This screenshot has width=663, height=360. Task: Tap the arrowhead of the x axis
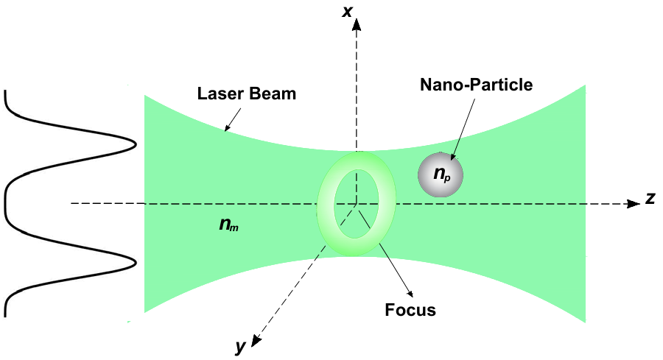pos(357,24)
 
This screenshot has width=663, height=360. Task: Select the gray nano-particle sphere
pos(441,175)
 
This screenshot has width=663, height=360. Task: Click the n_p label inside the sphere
pos(441,175)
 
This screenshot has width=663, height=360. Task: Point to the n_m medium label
pos(228,224)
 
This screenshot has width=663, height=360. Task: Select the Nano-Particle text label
pos(476,85)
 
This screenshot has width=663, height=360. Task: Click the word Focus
pos(410,310)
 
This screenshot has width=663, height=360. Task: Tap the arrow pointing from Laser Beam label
pos(234,118)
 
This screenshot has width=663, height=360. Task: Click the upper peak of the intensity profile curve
pos(136,145)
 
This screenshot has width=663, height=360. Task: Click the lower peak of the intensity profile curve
pos(136,262)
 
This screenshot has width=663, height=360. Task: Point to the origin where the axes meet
pos(357,204)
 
